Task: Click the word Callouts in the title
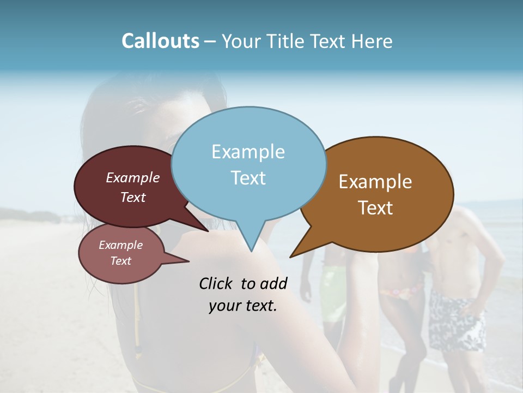[x=160, y=41]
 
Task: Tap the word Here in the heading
[x=372, y=41]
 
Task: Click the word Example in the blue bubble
[x=248, y=152]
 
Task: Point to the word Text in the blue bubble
[x=248, y=178]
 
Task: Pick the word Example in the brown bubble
[x=375, y=182]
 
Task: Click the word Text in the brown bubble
[x=375, y=208]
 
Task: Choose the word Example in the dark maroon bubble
[x=133, y=177]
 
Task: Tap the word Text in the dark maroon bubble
[x=133, y=197]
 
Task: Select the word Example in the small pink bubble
[x=120, y=245]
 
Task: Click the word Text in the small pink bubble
[x=120, y=261]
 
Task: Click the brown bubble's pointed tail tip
[x=290, y=257]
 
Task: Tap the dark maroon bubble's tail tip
[x=209, y=231]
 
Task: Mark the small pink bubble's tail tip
[x=188, y=261]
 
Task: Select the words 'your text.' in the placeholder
[x=243, y=306]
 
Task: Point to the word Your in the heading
[x=241, y=41]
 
